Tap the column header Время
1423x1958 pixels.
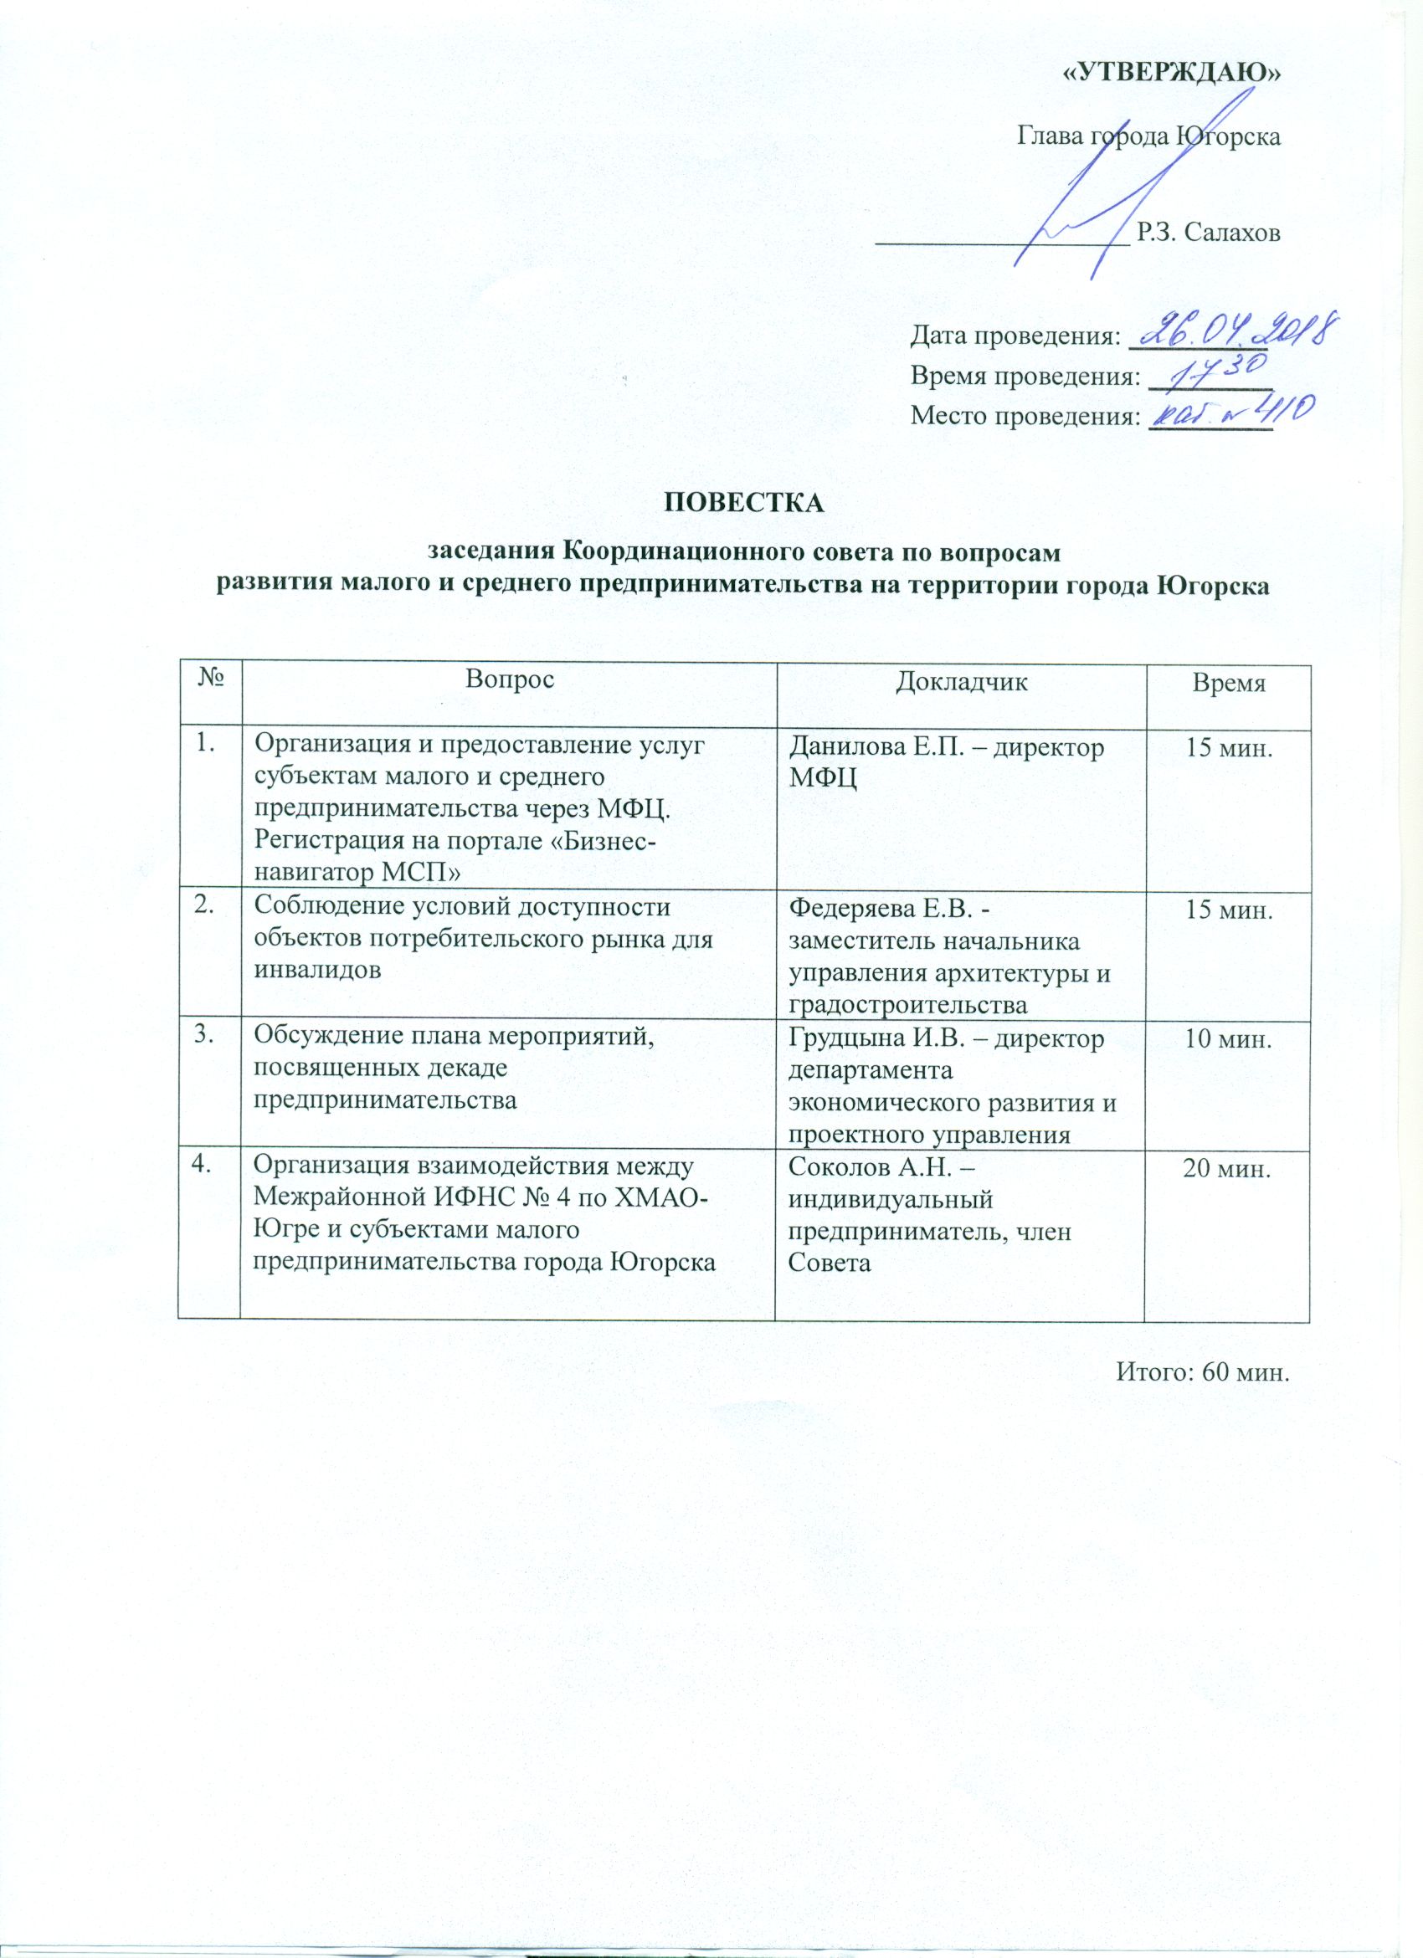pyautogui.click(x=1228, y=684)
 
